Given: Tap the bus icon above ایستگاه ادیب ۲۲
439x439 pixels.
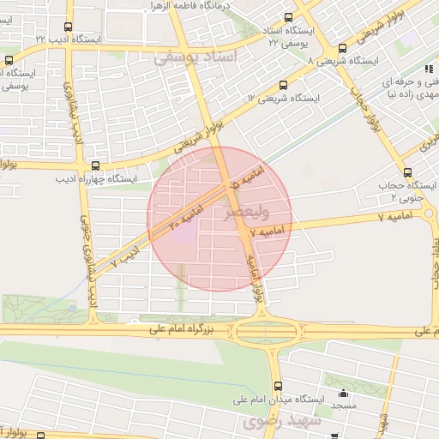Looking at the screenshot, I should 69,27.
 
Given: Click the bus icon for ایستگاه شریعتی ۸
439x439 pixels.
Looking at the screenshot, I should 343,48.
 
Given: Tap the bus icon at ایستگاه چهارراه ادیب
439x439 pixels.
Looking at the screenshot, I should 94,165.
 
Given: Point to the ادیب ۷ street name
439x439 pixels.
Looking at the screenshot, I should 127,255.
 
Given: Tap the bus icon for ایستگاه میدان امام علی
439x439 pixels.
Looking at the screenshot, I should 277,386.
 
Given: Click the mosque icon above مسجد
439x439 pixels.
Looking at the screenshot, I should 343,393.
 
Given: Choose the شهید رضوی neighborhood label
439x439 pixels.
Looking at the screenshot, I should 282,421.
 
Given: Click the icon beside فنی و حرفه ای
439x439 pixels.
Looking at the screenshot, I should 426,69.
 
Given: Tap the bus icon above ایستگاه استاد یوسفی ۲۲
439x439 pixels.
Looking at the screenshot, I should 288,16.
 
